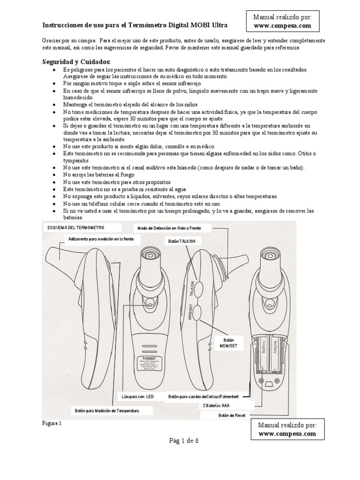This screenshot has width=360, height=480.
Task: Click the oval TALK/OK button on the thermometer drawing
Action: coord(198,288)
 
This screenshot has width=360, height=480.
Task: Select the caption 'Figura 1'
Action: coord(52,423)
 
